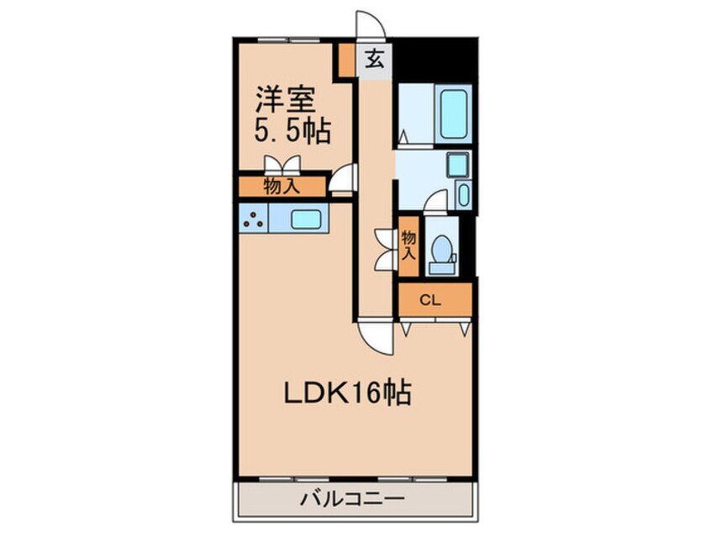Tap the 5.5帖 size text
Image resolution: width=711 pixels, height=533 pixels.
(292, 131)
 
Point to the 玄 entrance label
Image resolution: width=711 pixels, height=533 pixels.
(376, 59)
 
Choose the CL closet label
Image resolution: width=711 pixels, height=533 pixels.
(429, 298)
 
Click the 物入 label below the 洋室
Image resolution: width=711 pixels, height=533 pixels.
(282, 187)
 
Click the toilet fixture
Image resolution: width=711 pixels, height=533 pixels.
(442, 250)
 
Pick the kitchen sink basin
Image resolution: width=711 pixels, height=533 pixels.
(303, 219)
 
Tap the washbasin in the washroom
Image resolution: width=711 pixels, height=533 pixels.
(456, 164)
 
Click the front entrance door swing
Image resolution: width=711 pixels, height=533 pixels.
(371, 24)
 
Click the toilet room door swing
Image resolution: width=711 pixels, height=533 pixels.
(436, 201)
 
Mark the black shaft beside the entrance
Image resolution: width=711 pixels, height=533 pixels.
(435, 59)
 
